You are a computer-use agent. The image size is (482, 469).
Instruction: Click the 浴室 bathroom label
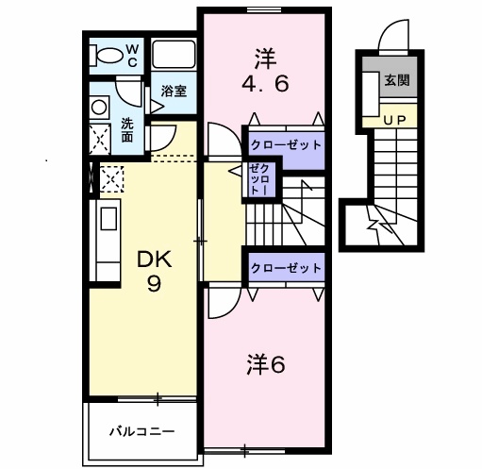click(172, 92)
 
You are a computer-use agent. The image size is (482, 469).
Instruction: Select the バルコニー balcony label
click(141, 432)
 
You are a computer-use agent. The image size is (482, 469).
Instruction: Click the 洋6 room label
click(265, 363)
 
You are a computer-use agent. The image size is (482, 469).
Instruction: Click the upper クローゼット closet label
click(286, 145)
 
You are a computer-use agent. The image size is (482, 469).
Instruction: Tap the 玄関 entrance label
click(395, 81)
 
